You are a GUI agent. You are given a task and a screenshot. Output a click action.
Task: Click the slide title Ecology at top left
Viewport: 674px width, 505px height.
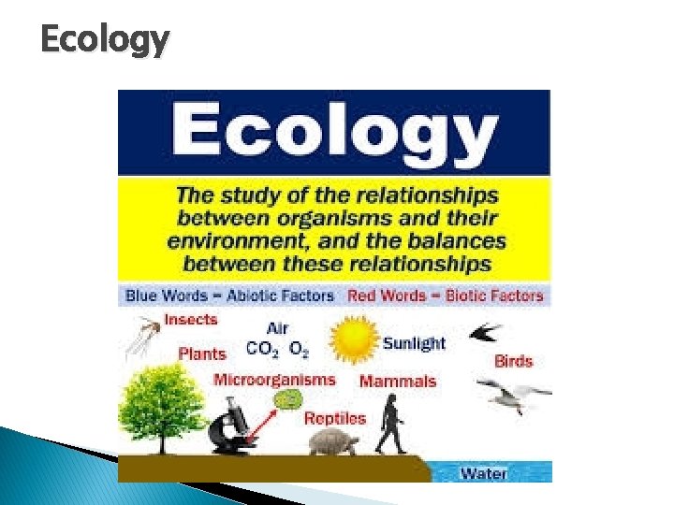pyautogui.click(x=105, y=39)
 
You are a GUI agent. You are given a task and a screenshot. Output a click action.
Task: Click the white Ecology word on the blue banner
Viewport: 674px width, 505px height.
pyautogui.click(x=334, y=132)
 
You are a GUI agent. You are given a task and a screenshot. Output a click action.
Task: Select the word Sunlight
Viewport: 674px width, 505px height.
pyautogui.click(x=414, y=343)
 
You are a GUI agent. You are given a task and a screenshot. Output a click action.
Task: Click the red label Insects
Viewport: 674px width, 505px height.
pyautogui.click(x=190, y=319)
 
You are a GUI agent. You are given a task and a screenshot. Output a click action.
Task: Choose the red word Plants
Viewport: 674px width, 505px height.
pyautogui.click(x=202, y=353)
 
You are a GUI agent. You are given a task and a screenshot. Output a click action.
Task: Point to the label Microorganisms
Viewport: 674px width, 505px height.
pyautogui.click(x=274, y=380)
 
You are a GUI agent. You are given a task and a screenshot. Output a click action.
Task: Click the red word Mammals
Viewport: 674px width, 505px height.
pyautogui.click(x=398, y=381)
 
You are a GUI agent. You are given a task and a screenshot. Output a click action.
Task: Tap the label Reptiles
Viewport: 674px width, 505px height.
pyautogui.click(x=334, y=418)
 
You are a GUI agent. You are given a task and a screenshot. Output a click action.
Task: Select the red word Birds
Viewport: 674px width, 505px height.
pyautogui.click(x=513, y=361)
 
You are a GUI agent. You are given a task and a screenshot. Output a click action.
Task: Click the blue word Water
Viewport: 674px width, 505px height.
pyautogui.click(x=483, y=472)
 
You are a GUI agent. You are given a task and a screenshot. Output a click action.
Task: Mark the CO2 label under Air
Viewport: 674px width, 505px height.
pyautogui.click(x=262, y=350)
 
